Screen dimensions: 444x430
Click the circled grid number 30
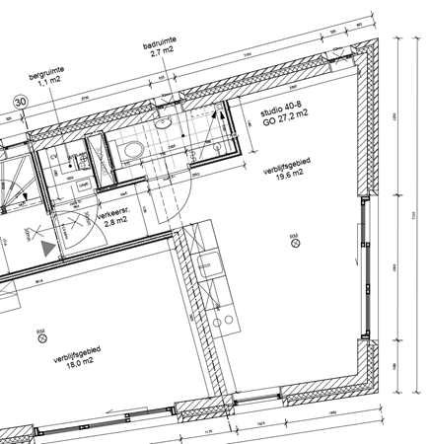pyautogui.click(x=19, y=101)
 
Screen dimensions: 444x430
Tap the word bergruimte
pyautogui.click(x=46, y=73)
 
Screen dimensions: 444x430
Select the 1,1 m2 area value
pyautogui.click(x=46, y=84)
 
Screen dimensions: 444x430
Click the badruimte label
pyautogui.click(x=160, y=45)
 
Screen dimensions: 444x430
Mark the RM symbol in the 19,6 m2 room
pyautogui.click(x=293, y=238)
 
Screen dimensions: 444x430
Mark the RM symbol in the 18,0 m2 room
pyautogui.click(x=40, y=336)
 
